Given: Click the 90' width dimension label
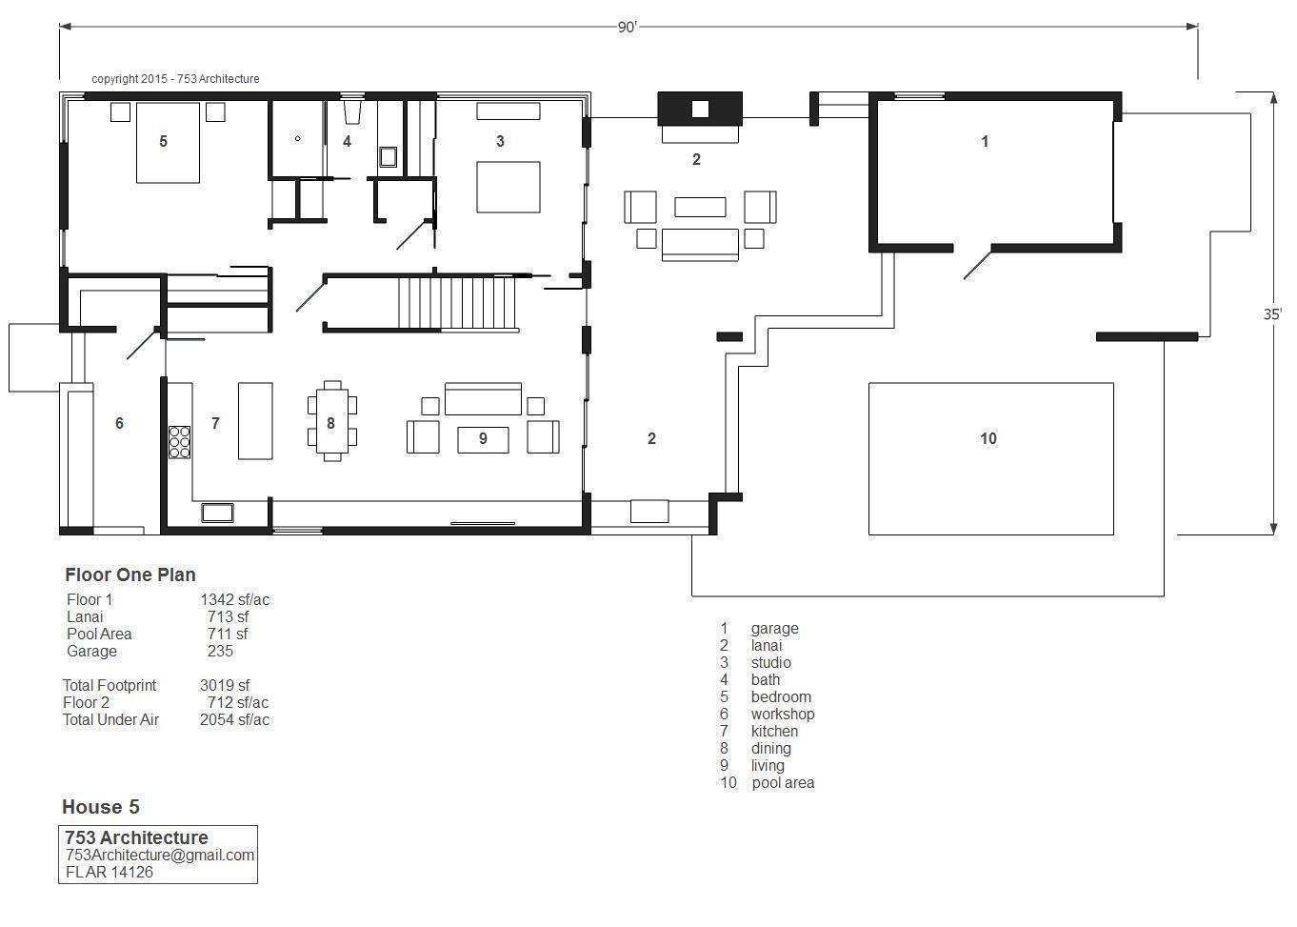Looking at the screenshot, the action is pyautogui.click(x=628, y=28).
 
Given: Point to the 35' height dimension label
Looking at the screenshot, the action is pyautogui.click(x=1272, y=314).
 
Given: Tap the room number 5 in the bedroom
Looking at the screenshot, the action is pyautogui.click(x=163, y=141).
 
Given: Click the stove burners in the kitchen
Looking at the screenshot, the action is pyautogui.click(x=179, y=442).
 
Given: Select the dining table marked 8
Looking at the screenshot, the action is pyautogui.click(x=331, y=421).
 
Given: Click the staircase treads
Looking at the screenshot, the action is pyautogui.click(x=456, y=303).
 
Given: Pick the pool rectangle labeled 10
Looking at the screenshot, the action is pyautogui.click(x=990, y=458).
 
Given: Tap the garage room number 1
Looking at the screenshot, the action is pyautogui.click(x=985, y=141).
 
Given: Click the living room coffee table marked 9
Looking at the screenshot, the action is pyautogui.click(x=483, y=440).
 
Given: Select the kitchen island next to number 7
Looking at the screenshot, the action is pyautogui.click(x=255, y=420).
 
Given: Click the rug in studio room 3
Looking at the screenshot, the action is pyautogui.click(x=508, y=187).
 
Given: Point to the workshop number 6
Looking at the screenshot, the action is pyautogui.click(x=119, y=423).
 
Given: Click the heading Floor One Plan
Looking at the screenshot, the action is pyautogui.click(x=130, y=574).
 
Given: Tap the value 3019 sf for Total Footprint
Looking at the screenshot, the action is pyautogui.click(x=225, y=685).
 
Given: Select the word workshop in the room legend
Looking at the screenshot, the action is pyautogui.click(x=782, y=714).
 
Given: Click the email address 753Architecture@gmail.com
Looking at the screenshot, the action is pyautogui.click(x=160, y=855).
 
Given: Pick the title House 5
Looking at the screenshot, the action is pyautogui.click(x=101, y=807).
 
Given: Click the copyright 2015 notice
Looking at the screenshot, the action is pyautogui.click(x=175, y=79).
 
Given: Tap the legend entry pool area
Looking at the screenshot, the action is pyautogui.click(x=783, y=783).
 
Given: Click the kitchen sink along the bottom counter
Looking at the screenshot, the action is pyautogui.click(x=217, y=513).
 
